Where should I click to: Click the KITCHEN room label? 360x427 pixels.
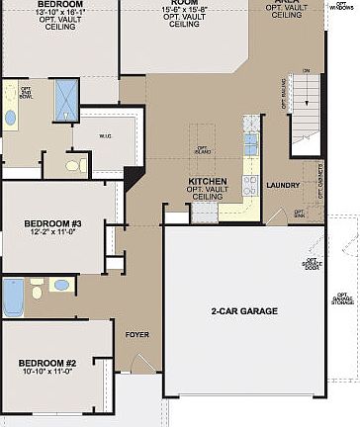click(208, 182)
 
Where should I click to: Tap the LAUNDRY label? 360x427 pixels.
click(283, 185)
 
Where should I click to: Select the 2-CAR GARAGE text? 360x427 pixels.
click(244, 310)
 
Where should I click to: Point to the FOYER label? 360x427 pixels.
click(136, 334)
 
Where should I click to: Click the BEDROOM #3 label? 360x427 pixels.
click(52, 223)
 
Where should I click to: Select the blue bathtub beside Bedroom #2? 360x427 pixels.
click(12, 297)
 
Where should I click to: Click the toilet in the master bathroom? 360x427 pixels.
click(74, 164)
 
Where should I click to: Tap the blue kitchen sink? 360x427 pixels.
click(250, 144)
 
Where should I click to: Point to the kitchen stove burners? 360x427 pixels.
click(250, 185)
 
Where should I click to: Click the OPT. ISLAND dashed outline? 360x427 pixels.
click(202, 149)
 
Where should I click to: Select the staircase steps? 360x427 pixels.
click(305, 95)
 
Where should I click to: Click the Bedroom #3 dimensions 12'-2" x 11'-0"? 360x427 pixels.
click(52, 233)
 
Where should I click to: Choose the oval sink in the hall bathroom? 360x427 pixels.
click(61, 285)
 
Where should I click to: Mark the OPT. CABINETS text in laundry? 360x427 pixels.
click(320, 177)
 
